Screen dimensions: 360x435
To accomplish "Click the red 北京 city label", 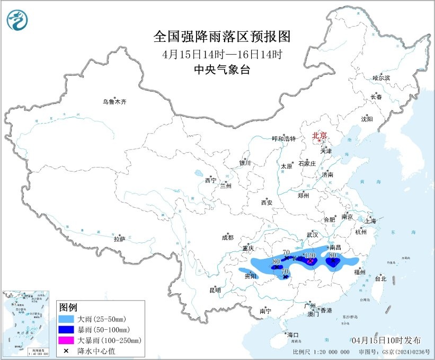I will [319, 135].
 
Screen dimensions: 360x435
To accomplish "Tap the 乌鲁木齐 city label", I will [115, 102].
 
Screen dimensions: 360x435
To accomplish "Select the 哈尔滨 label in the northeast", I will [381, 78].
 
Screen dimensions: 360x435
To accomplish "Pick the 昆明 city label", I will [215, 290].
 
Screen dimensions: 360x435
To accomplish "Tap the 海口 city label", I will [292, 335].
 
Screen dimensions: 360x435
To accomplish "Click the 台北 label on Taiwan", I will [380, 278].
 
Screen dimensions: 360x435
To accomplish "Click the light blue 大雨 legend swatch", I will [67, 319].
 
